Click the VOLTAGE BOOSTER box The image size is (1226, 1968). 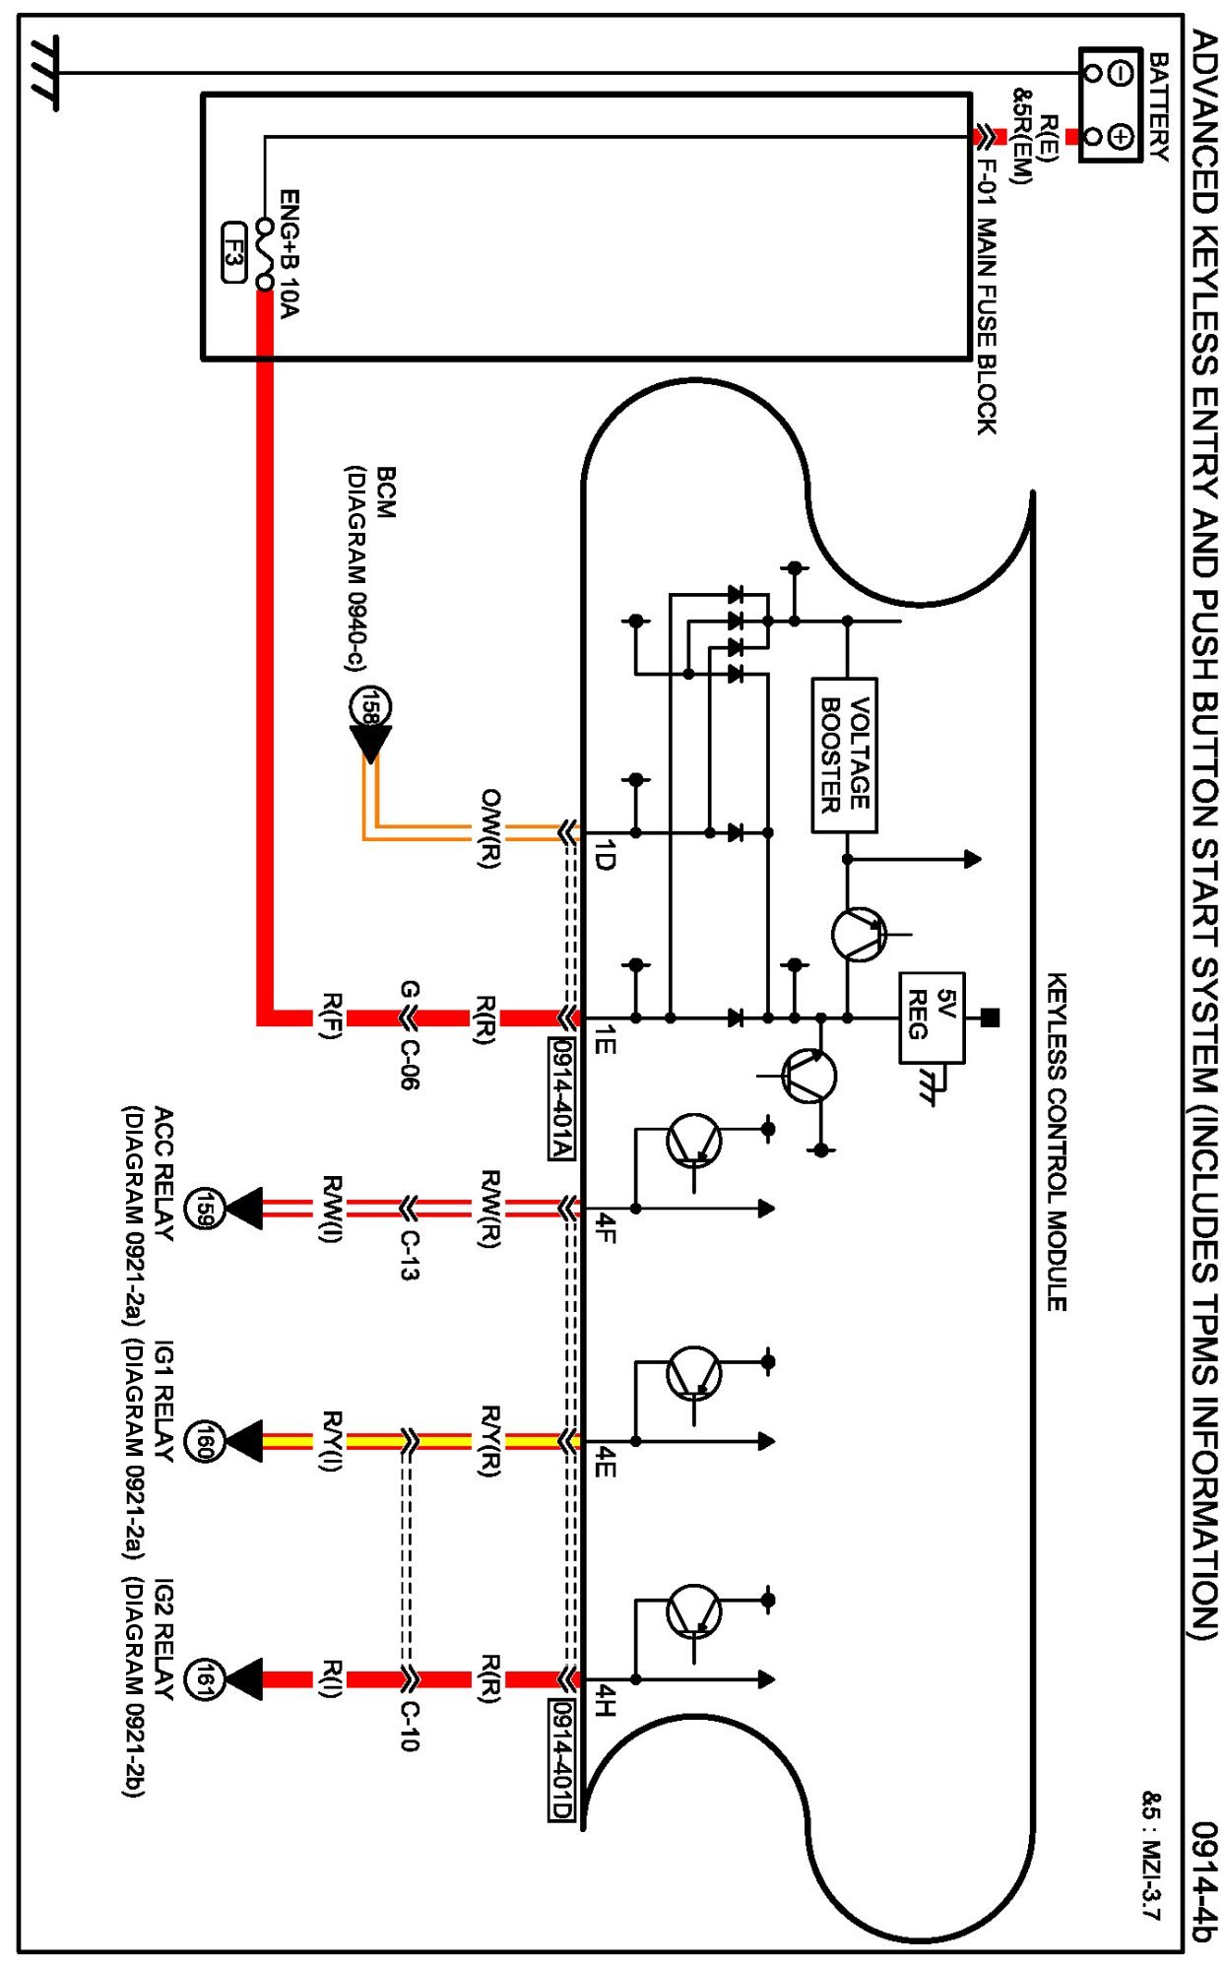click(844, 754)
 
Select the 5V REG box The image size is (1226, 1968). click(931, 1017)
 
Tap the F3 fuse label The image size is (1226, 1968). click(233, 253)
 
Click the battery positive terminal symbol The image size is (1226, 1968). click(1120, 136)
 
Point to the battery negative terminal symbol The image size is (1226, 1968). click(1120, 73)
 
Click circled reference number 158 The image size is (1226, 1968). click(370, 706)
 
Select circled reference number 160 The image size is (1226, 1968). click(204, 1442)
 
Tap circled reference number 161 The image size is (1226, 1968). click(204, 1679)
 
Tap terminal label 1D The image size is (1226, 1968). click(606, 855)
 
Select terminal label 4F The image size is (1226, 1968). click(606, 1228)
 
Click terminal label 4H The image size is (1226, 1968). click(606, 1700)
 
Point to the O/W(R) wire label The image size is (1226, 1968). click(489, 827)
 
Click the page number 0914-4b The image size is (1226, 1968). click(1203, 1881)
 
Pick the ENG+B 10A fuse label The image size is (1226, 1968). click(289, 254)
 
